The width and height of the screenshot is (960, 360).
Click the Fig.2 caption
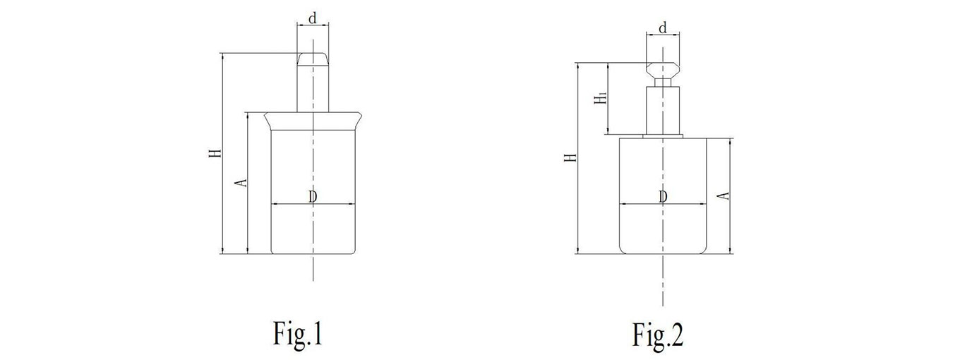[658, 335]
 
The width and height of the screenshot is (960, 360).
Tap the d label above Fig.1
[313, 18]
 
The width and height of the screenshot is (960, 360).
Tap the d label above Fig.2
[663, 28]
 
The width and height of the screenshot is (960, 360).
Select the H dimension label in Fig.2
[570, 157]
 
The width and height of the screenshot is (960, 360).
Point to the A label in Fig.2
[724, 196]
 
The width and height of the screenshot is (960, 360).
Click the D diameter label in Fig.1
[313, 197]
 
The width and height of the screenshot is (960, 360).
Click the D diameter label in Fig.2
[663, 197]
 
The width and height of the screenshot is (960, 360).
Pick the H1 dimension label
[601, 97]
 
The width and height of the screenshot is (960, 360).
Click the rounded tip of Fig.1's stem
[313, 59]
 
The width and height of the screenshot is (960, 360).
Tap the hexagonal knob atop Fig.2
[663, 70]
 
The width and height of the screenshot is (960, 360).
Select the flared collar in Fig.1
[313, 121]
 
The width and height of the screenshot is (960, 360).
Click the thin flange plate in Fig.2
[663, 136]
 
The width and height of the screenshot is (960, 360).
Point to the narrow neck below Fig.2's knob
[663, 83]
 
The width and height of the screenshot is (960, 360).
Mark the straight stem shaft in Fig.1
[313, 89]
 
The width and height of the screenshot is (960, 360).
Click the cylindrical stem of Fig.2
[663, 111]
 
